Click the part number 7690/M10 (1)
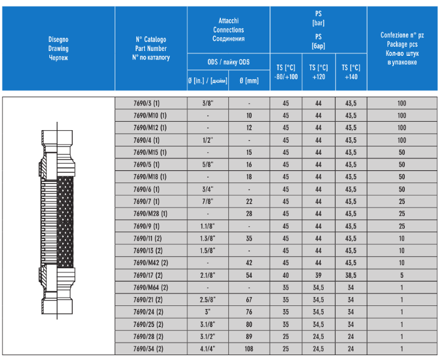pyautogui.click(x=150, y=115)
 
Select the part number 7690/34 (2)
pyautogui.click(x=148, y=349)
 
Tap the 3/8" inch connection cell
pyautogui.click(x=208, y=103)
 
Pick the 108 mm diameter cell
pyautogui.click(x=249, y=349)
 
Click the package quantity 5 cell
pyautogui.click(x=402, y=275)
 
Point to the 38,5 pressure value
pyautogui.click(x=351, y=275)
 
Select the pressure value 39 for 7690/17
pyautogui.click(x=318, y=275)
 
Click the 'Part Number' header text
pyautogui.click(x=151, y=49)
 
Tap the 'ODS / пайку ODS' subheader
pyautogui.click(x=228, y=62)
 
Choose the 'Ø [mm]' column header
pyautogui.click(x=249, y=81)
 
